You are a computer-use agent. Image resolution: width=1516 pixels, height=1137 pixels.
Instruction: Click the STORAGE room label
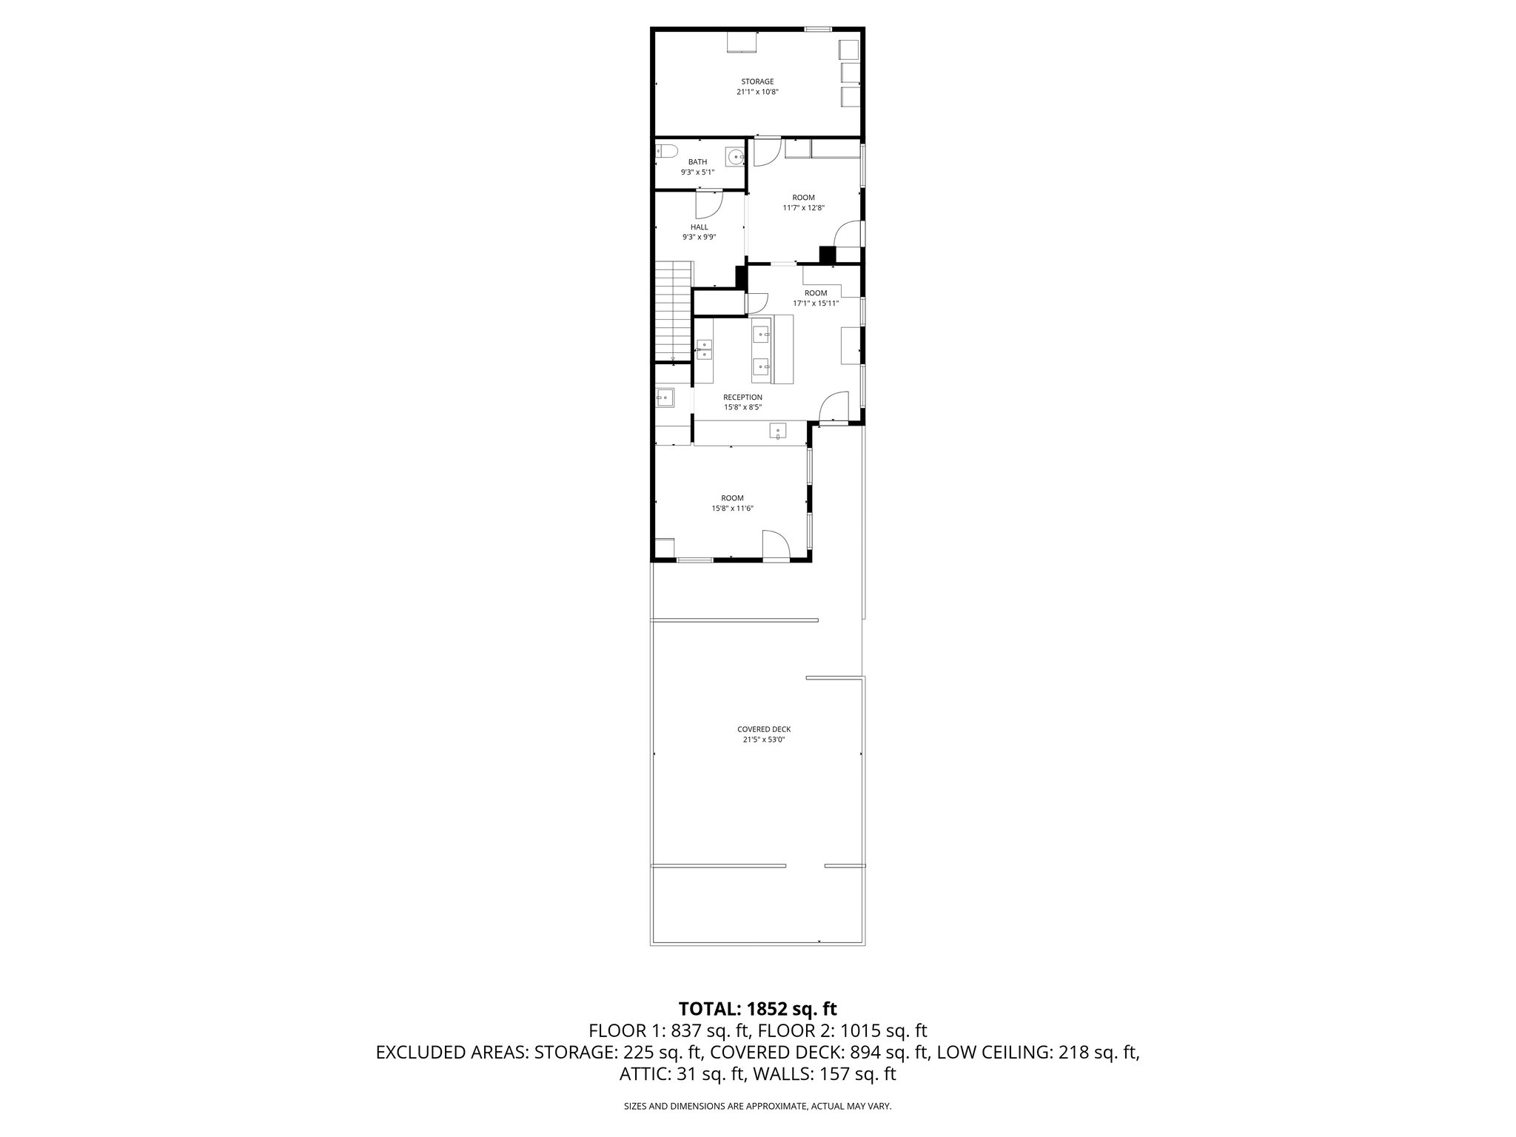coord(757,81)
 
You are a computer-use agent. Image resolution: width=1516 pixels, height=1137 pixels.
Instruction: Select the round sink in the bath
coord(735,157)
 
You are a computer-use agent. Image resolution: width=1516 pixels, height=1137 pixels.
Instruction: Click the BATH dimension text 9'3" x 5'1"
coord(697,172)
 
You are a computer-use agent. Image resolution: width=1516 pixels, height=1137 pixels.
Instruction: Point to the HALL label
coord(699,227)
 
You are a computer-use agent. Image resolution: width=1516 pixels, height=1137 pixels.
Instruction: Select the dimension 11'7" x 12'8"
coord(803,208)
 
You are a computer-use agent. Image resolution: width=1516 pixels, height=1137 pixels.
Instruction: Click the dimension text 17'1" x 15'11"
coord(816,303)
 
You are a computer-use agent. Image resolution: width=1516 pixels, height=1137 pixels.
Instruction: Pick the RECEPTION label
coord(742,398)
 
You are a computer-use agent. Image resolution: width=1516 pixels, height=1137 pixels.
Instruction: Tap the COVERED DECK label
coord(764,729)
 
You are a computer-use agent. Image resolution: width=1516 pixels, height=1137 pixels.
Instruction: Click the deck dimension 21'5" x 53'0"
coord(764,739)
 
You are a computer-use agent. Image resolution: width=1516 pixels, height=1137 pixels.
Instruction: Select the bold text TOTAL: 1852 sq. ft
coord(757,1008)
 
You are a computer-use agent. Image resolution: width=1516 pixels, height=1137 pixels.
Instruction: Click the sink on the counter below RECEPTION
coord(778,431)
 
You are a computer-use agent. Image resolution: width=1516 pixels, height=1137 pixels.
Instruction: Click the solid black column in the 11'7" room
coord(827,255)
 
